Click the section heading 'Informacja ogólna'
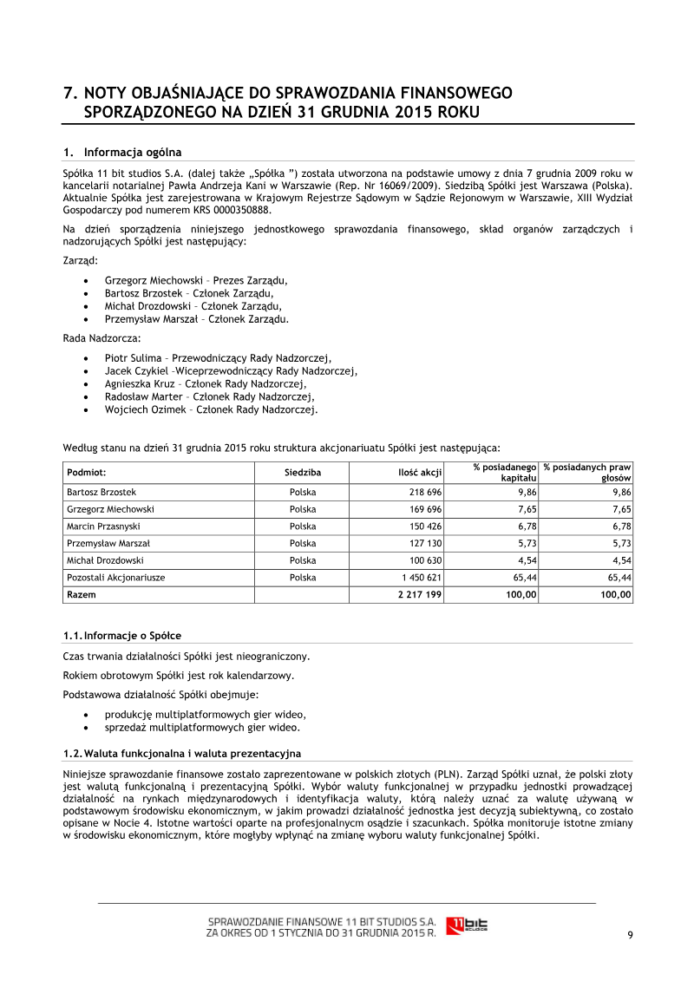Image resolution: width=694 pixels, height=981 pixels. [133, 152]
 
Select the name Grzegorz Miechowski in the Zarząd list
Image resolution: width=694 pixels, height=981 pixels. [153, 280]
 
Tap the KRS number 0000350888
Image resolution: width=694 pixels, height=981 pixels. [236, 210]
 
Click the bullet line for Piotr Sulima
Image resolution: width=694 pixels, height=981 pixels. [218, 357]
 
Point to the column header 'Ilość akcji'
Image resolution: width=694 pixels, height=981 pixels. [415, 473]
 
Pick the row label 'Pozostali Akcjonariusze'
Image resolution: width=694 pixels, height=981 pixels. [115, 577]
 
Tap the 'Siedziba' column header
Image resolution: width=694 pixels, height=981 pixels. [303, 473]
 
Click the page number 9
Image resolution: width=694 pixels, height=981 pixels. [630, 934]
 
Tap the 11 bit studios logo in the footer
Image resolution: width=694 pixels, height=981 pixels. [467, 925]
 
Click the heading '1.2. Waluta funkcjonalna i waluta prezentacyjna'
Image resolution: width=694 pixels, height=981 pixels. [182, 752]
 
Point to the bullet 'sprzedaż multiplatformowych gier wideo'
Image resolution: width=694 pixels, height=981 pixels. [202, 727]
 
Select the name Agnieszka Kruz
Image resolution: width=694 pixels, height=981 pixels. [138, 383]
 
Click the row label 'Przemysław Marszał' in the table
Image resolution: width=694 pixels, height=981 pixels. [108, 543]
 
